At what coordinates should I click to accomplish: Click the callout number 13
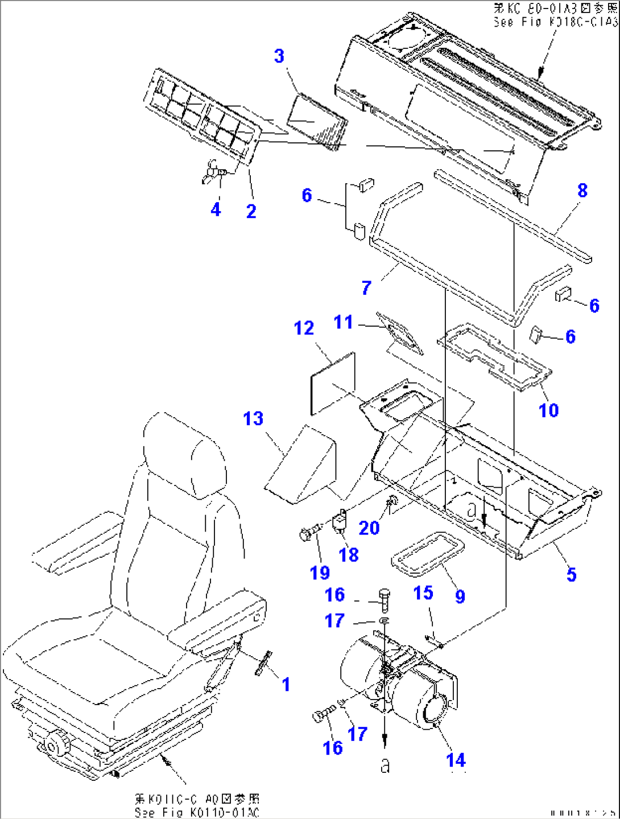pyautogui.click(x=253, y=419)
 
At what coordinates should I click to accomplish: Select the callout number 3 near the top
pyautogui.click(x=279, y=56)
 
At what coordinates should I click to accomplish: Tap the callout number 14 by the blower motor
pyautogui.click(x=456, y=760)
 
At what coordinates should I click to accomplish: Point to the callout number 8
pyautogui.click(x=582, y=191)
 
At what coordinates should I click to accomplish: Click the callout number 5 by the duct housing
pyautogui.click(x=571, y=574)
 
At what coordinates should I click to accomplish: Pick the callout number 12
pyautogui.click(x=304, y=328)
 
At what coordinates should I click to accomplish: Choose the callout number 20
pyautogui.click(x=369, y=528)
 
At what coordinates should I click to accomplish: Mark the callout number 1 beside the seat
pyautogui.click(x=286, y=684)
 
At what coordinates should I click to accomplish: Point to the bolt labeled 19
pyautogui.click(x=309, y=534)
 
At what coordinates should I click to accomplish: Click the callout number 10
pyautogui.click(x=548, y=410)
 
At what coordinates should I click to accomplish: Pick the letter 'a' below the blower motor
pyautogui.click(x=385, y=766)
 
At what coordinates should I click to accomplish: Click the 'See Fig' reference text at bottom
pyautogui.click(x=196, y=812)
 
